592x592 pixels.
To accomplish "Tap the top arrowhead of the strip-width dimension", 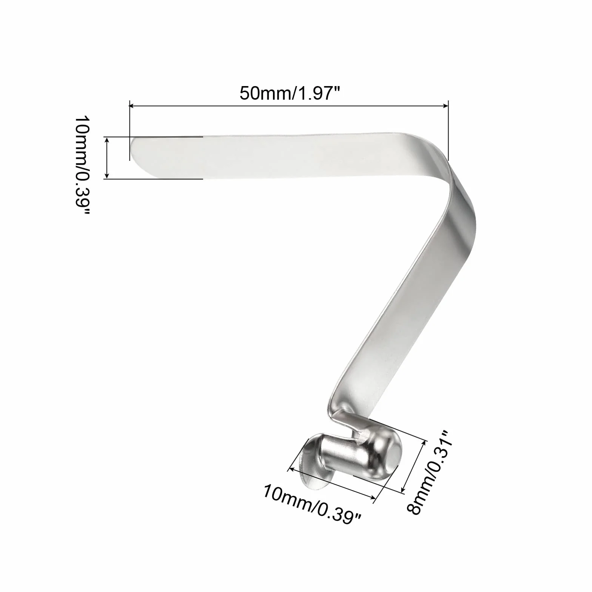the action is click(108, 140).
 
